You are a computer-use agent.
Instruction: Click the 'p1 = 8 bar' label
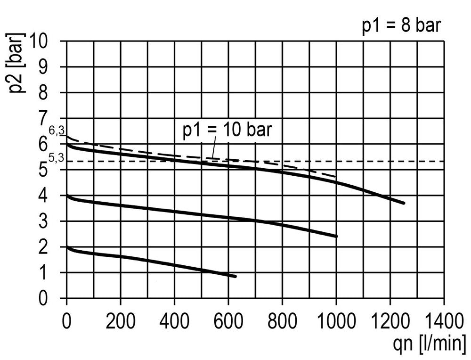[401, 26]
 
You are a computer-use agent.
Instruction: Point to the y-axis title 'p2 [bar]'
[17, 63]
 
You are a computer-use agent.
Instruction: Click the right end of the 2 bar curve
[235, 276]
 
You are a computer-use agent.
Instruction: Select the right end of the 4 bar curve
[336, 236]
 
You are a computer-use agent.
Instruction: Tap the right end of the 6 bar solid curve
[404, 203]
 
